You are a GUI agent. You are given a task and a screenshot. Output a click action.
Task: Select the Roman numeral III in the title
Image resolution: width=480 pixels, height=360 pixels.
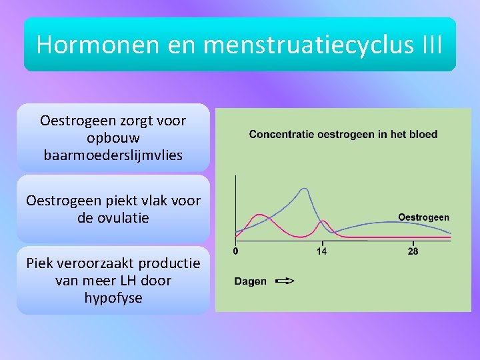[433, 44]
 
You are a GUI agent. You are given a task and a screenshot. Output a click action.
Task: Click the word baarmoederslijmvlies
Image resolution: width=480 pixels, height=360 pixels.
[113, 156]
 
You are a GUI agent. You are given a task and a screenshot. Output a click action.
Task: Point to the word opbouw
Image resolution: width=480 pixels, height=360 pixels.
[113, 139]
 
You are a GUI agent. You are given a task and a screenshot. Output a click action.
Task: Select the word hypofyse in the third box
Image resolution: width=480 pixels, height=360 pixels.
[113, 298]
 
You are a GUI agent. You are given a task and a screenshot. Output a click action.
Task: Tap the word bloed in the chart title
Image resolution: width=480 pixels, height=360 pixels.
[423, 134]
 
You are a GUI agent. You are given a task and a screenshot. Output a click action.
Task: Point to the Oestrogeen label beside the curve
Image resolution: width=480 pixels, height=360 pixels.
[423, 217]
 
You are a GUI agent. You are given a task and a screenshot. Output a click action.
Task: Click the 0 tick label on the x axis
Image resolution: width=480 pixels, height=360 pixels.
[235, 251]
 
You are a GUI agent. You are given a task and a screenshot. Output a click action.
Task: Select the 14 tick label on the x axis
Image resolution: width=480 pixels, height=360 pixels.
[321, 251]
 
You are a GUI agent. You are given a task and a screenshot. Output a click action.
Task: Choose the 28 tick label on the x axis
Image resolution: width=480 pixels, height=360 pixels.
[413, 251]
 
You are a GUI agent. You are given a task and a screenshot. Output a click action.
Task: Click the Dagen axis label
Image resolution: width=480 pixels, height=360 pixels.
[250, 281]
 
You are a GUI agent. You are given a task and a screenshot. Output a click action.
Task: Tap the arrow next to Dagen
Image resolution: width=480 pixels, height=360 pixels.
[284, 281]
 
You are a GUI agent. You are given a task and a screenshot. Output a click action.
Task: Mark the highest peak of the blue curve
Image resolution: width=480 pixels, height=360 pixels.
[305, 189]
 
